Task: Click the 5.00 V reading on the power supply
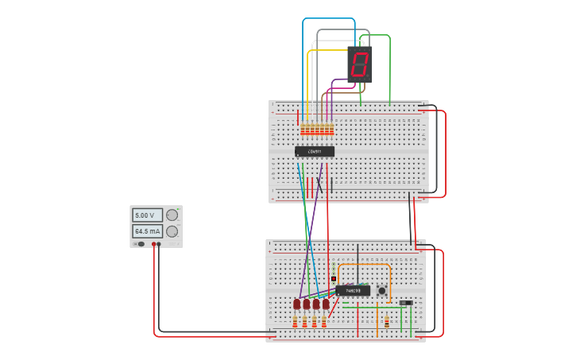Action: pos(146,215)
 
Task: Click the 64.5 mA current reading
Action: pos(146,231)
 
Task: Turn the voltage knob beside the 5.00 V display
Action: pos(172,215)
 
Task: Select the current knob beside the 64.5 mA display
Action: pos(172,231)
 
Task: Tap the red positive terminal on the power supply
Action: pos(153,244)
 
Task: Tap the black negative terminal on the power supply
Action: pos(159,244)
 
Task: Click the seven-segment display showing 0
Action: pos(360,64)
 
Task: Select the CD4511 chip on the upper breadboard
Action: pos(315,151)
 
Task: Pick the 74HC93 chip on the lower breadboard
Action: pos(353,290)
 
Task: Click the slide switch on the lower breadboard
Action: pos(406,303)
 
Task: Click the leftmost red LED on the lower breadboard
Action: pos(297,304)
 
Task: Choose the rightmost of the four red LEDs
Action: pos(326,304)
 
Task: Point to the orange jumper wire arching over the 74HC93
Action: pos(364,265)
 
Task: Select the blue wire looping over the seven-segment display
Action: pos(328,18)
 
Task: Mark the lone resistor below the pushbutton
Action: pos(387,323)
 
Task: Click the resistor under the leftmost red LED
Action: pos(296,322)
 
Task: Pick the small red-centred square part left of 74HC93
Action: pos(333,279)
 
